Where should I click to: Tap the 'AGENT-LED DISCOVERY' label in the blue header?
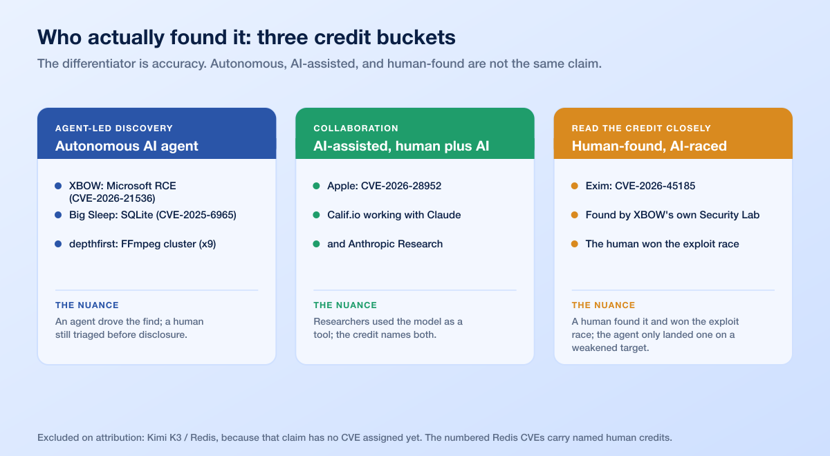[x=114, y=128]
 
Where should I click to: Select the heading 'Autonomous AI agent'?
[x=127, y=146]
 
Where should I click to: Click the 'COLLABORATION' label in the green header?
[x=356, y=128]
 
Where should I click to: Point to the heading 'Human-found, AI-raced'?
[x=649, y=146]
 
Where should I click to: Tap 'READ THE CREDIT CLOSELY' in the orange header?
[x=641, y=128]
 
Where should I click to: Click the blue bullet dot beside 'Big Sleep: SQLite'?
[x=58, y=215]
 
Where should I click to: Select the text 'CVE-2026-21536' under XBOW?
[x=112, y=198]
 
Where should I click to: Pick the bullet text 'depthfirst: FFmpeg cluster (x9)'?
[x=142, y=244]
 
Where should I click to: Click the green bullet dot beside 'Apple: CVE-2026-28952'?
[x=317, y=186]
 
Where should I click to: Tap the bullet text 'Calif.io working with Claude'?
[x=394, y=215]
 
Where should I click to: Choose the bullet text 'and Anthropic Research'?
[x=385, y=244]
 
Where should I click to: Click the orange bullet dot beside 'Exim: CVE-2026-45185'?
[x=575, y=186]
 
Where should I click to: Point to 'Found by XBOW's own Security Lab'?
[x=672, y=215]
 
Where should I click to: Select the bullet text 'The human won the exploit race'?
[x=662, y=244]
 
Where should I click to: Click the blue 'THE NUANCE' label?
[x=87, y=305]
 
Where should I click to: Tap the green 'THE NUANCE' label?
[x=345, y=305]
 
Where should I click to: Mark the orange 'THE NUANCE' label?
[x=603, y=305]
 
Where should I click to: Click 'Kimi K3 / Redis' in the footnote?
[x=181, y=437]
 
